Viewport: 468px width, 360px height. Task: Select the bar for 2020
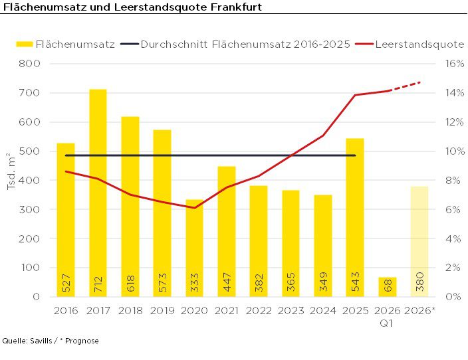(x=194, y=252)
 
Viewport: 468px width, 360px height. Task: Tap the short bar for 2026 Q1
(x=388, y=287)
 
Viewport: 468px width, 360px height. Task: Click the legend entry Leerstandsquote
(x=419, y=44)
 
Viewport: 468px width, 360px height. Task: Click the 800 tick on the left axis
(x=31, y=64)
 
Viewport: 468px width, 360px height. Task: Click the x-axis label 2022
(x=259, y=310)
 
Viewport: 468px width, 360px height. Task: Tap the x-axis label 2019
(x=162, y=310)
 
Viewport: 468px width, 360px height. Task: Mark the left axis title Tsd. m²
(x=11, y=172)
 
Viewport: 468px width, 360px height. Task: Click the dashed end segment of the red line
(x=405, y=86)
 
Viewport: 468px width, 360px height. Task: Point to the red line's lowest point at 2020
(x=194, y=208)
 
